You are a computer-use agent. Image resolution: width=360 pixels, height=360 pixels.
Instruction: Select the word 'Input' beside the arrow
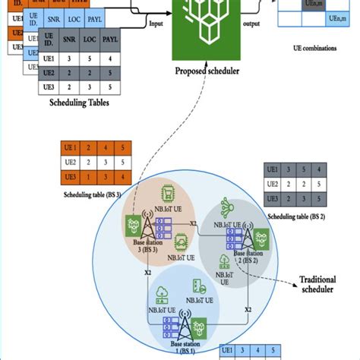(156, 23)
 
